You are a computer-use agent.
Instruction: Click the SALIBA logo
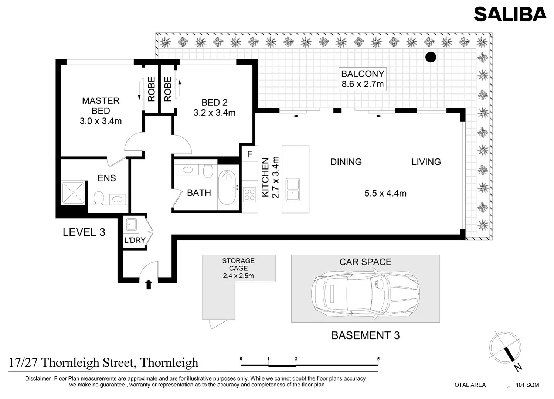510,14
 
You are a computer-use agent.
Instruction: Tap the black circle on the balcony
431,57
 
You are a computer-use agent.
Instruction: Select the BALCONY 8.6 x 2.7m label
363,79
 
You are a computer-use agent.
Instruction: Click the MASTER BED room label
101,111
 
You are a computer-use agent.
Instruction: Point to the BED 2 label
214,108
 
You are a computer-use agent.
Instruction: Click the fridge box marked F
250,154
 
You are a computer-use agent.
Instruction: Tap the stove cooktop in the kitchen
250,194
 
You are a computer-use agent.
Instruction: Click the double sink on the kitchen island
293,190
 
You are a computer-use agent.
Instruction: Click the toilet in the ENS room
99,198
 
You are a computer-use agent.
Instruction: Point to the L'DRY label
135,240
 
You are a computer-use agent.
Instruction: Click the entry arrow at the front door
149,284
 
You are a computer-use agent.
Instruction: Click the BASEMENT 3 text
365,335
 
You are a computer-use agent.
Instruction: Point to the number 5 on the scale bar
378,359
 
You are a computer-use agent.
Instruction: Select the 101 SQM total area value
527,385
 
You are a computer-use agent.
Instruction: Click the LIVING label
426,162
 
